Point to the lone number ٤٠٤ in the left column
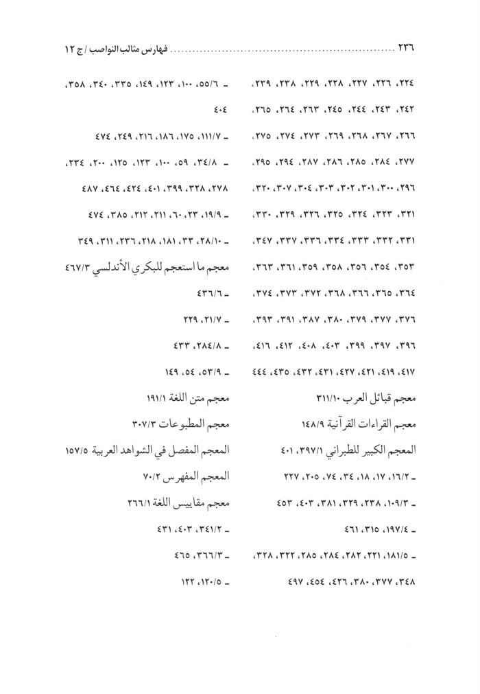point(218,108)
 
